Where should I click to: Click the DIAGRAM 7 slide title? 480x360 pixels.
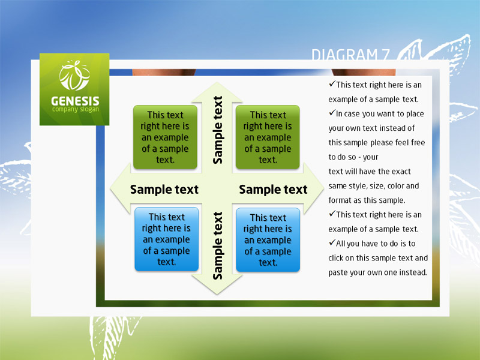(350, 55)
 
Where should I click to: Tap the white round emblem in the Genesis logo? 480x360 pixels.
(74, 76)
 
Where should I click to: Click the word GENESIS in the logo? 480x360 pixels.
(75, 101)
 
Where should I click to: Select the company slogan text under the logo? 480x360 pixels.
(76, 110)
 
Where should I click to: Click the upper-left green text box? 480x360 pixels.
(166, 137)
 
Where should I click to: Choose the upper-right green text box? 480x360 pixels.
(268, 137)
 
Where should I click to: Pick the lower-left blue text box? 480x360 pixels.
(167, 239)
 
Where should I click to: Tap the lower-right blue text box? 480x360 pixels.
(268, 239)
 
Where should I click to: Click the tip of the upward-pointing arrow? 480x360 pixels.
(217, 83)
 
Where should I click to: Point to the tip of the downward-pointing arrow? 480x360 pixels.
(217, 294)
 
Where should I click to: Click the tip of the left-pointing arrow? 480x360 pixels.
(110, 189)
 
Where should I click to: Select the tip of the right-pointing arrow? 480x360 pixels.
(323, 189)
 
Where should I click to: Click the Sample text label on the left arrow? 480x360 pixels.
(164, 190)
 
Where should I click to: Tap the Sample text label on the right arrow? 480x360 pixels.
(273, 190)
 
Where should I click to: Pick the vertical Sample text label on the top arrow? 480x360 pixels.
(218, 130)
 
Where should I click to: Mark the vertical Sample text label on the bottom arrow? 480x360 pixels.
(218, 245)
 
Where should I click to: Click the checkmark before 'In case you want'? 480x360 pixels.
(332, 113)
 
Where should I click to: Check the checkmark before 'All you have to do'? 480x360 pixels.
(332, 243)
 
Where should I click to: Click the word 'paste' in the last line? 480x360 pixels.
(338, 273)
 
